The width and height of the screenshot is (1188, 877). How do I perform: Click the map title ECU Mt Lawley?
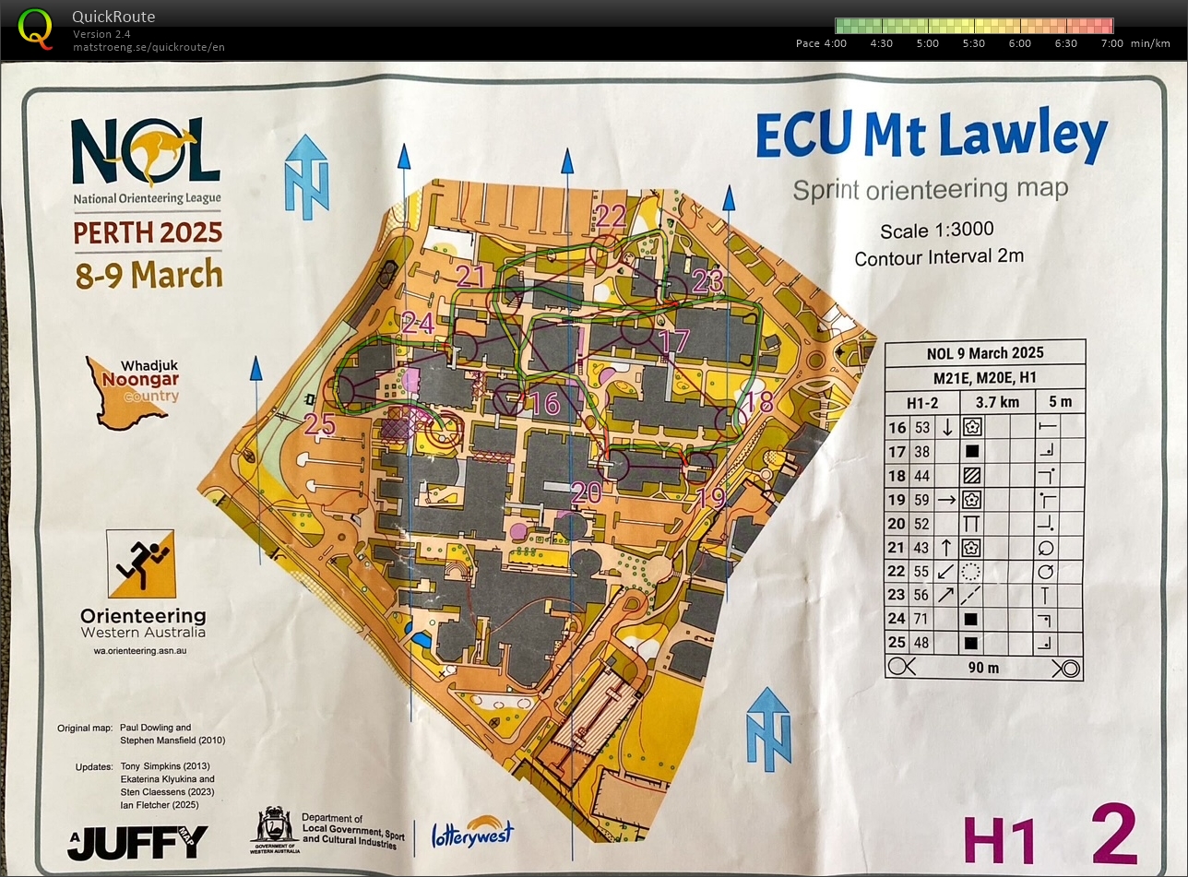pyautogui.click(x=931, y=136)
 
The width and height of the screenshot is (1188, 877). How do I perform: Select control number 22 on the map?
pyautogui.click(x=611, y=216)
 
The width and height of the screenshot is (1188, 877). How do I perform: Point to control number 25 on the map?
pyautogui.click(x=319, y=423)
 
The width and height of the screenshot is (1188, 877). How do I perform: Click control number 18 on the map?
pyautogui.click(x=758, y=401)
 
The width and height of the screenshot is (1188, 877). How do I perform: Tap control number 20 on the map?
pyautogui.click(x=586, y=492)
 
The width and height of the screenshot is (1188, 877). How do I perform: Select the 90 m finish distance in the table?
pyautogui.click(x=985, y=668)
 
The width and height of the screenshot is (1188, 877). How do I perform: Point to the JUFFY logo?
pyautogui.click(x=138, y=841)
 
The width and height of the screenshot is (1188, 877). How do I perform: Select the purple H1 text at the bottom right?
pyautogui.click(x=1001, y=841)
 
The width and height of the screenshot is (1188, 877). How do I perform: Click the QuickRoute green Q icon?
pyautogui.click(x=36, y=28)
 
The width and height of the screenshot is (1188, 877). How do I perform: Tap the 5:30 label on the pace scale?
pyautogui.click(x=974, y=43)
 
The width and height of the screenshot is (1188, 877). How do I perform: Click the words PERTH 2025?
pyautogui.click(x=148, y=231)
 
